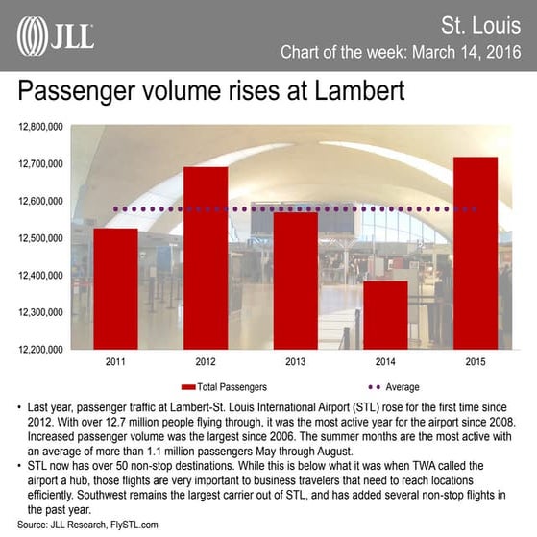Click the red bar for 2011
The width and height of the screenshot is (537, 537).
coord(115,288)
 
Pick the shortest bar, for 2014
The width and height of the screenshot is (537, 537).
coord(385,314)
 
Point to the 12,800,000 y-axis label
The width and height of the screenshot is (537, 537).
coord(40,126)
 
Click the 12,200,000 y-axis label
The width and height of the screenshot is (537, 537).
coord(40,349)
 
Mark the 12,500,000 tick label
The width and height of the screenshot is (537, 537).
coord(40,237)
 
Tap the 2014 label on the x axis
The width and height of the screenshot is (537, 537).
coord(385,362)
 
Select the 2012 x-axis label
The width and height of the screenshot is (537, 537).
coord(206,362)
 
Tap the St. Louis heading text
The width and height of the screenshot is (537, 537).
coord(486,23)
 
